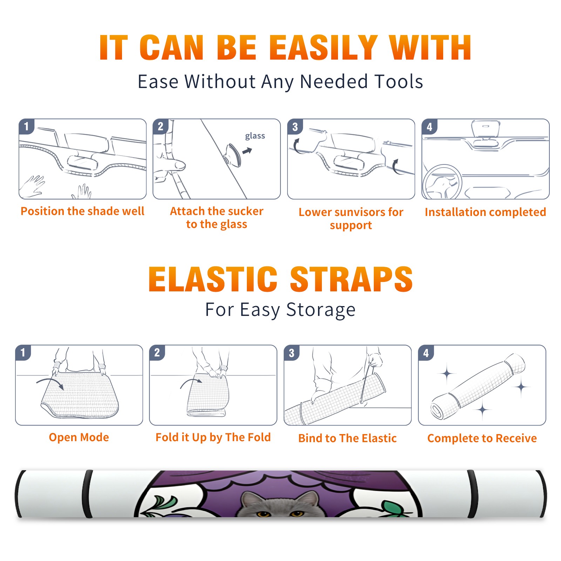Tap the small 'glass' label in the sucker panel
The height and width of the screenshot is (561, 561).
[x=255, y=136]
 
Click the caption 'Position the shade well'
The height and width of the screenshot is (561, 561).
[x=82, y=211]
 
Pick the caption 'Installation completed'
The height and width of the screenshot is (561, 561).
[x=485, y=212]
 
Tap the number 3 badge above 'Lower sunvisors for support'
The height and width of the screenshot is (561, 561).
[x=295, y=127]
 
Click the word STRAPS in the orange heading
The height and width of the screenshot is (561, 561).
[x=351, y=279]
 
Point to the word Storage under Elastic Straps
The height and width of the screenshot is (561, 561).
[x=321, y=310]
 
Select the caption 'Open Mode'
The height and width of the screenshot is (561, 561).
[x=79, y=437]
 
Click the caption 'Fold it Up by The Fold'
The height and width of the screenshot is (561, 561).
[x=213, y=438]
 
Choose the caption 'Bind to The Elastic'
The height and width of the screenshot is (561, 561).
[x=347, y=438]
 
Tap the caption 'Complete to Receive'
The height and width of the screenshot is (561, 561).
[x=482, y=438]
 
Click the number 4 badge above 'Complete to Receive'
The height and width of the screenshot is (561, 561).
[x=426, y=353]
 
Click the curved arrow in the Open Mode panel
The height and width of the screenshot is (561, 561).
[x=50, y=381]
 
